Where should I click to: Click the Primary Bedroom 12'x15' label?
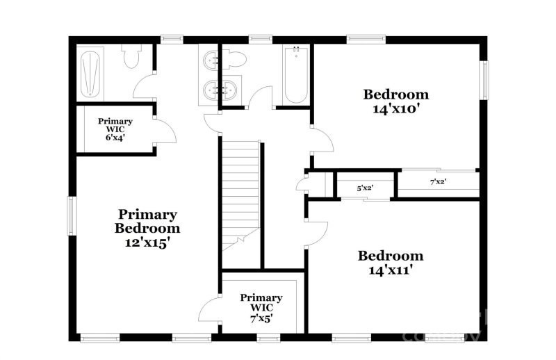(x=147, y=229)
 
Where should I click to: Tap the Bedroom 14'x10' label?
(x=396, y=101)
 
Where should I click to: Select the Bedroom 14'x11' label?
(x=390, y=263)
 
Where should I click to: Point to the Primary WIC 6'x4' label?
(x=115, y=129)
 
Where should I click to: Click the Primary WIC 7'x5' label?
(x=261, y=307)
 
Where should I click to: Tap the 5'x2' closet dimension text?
(x=366, y=188)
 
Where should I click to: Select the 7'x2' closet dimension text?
(x=438, y=182)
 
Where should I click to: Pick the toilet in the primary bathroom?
(x=131, y=57)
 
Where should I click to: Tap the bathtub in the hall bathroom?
(x=295, y=75)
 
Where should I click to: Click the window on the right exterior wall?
(x=484, y=80)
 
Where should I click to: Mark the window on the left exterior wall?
(x=71, y=216)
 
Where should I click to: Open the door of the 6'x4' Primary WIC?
(x=162, y=131)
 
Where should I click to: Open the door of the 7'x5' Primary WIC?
(x=210, y=310)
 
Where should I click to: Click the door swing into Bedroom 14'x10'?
(x=322, y=141)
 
